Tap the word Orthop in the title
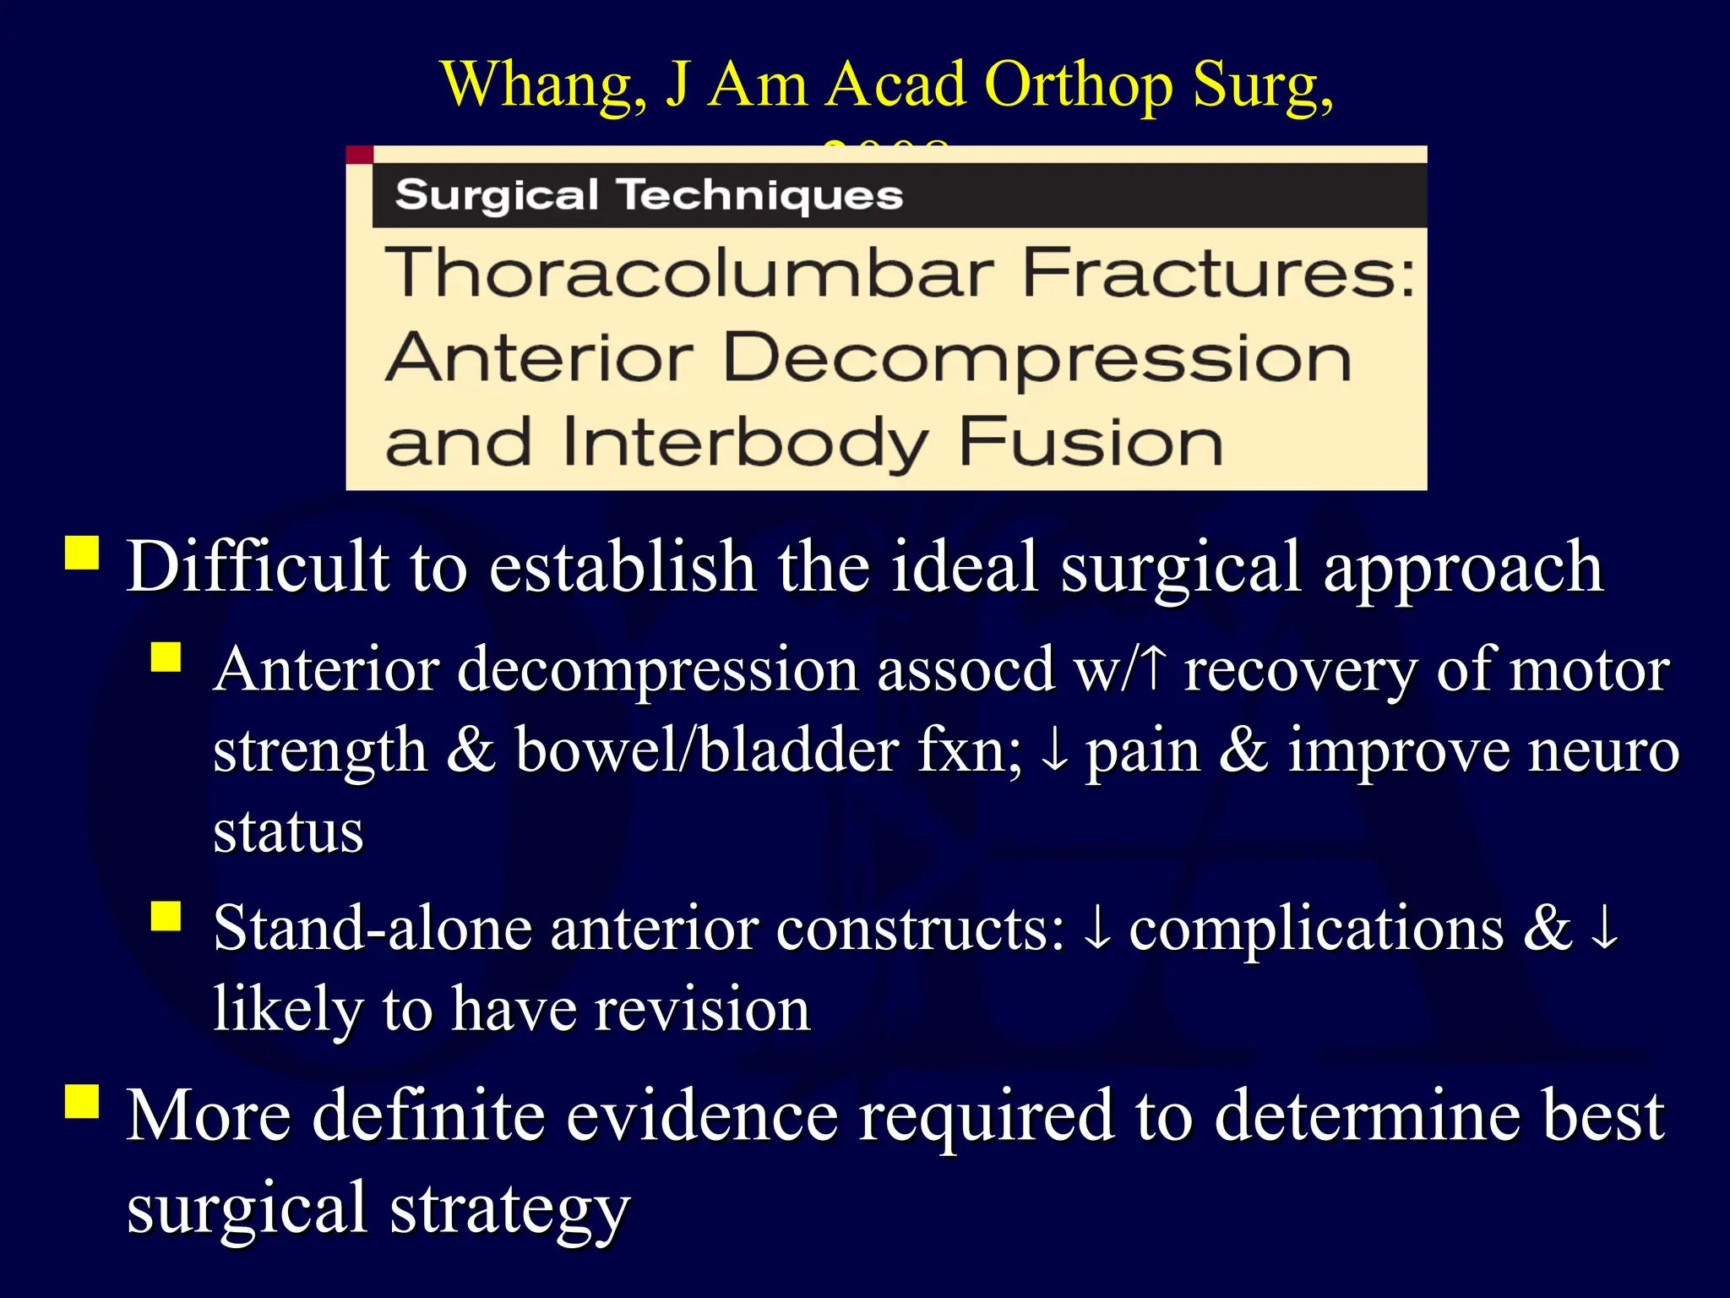pyautogui.click(x=1079, y=86)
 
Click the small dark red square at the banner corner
pyautogui.click(x=360, y=155)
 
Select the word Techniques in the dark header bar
pyautogui.click(x=762, y=195)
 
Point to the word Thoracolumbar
pyautogui.click(x=689, y=273)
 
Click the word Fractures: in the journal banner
pyautogui.click(x=1219, y=273)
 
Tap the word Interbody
pyautogui.click(x=745, y=443)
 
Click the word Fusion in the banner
pyautogui.click(x=1091, y=441)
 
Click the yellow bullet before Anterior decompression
pyautogui.click(x=166, y=657)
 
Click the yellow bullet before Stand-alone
pyautogui.click(x=166, y=915)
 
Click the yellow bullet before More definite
pyautogui.click(x=82, y=1101)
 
